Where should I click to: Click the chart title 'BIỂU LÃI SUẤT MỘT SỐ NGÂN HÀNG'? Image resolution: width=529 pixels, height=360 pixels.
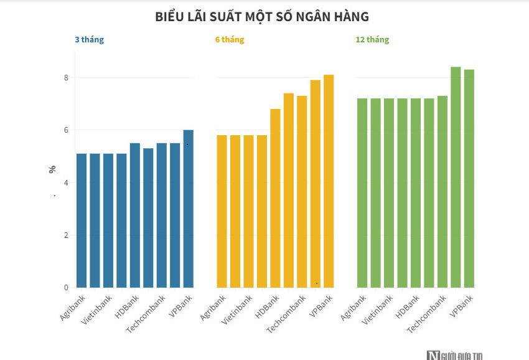[x=261, y=17]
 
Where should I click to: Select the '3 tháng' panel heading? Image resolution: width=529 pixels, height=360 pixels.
[x=89, y=40]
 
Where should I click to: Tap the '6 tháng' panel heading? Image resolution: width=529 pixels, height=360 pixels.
[x=230, y=40]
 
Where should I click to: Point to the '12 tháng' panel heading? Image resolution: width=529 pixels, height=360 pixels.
[x=372, y=40]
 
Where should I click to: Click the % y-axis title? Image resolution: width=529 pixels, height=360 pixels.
[x=53, y=169]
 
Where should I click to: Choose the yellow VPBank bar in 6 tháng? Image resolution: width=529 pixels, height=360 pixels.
[x=329, y=181]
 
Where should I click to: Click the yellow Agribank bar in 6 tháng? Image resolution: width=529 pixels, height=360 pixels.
[x=222, y=211]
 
